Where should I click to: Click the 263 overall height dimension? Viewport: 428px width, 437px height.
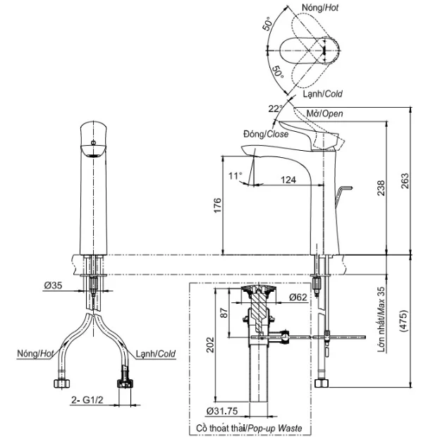coord(405,181)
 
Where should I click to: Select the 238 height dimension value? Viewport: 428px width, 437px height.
coord(381,188)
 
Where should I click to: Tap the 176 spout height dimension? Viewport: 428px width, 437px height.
coord(217,205)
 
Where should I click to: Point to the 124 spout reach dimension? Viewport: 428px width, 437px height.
coord(288,180)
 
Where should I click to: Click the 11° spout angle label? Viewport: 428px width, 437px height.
coord(236,176)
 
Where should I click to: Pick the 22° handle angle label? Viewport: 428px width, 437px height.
coord(276,109)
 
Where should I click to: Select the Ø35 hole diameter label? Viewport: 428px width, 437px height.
coord(54,285)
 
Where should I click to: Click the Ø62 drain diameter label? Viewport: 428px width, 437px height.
coord(298,297)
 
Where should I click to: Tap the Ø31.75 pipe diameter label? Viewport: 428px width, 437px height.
coord(222,411)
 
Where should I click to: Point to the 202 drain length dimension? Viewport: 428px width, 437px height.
coord(210,345)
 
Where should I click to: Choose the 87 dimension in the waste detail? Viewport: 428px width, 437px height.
coord(224,313)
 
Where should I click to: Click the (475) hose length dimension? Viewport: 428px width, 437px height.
coord(403,321)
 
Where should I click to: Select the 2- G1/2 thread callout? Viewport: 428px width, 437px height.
coord(87,400)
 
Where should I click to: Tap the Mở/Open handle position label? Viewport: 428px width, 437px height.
coord(325,113)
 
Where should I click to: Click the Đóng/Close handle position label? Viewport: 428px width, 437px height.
coord(266,134)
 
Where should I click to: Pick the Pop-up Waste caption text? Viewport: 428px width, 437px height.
coord(275,428)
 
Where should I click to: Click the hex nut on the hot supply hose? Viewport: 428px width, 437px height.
coord(61,383)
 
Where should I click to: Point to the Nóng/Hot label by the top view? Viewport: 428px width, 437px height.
coord(320,8)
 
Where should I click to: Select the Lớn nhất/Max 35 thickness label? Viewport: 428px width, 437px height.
coord(381,319)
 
